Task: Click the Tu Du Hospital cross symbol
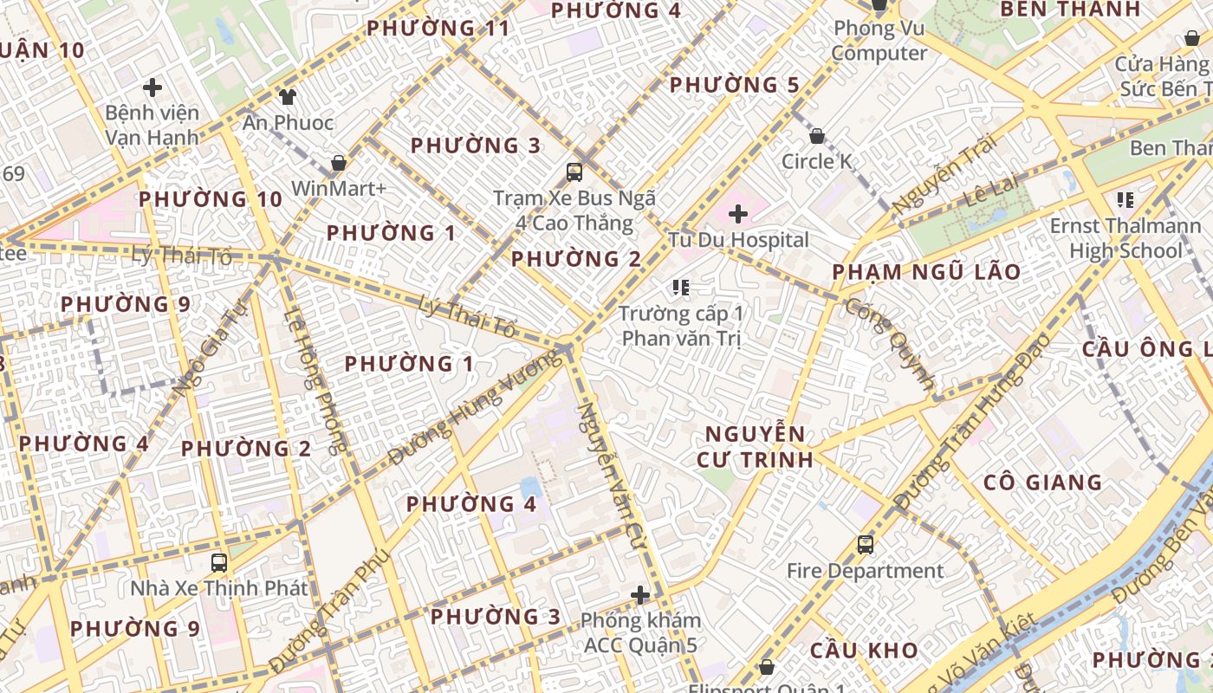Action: click(x=738, y=213)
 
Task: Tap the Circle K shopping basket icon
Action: click(x=816, y=136)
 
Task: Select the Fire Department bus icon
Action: click(x=865, y=545)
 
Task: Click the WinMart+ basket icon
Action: click(x=339, y=163)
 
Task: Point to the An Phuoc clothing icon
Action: click(x=287, y=96)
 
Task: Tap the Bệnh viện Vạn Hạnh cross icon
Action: click(x=152, y=87)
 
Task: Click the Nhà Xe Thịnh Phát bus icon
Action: click(x=219, y=562)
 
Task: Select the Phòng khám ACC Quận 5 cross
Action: click(x=640, y=595)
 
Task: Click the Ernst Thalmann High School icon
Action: click(x=1125, y=201)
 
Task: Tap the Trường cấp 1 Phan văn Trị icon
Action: click(x=680, y=287)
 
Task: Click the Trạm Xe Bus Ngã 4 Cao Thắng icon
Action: click(x=574, y=172)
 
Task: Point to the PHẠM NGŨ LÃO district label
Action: click(x=926, y=272)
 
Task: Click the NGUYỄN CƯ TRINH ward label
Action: click(x=756, y=446)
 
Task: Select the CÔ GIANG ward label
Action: click(x=1042, y=483)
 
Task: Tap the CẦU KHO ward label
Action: click(x=864, y=650)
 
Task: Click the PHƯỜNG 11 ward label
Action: click(x=438, y=28)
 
